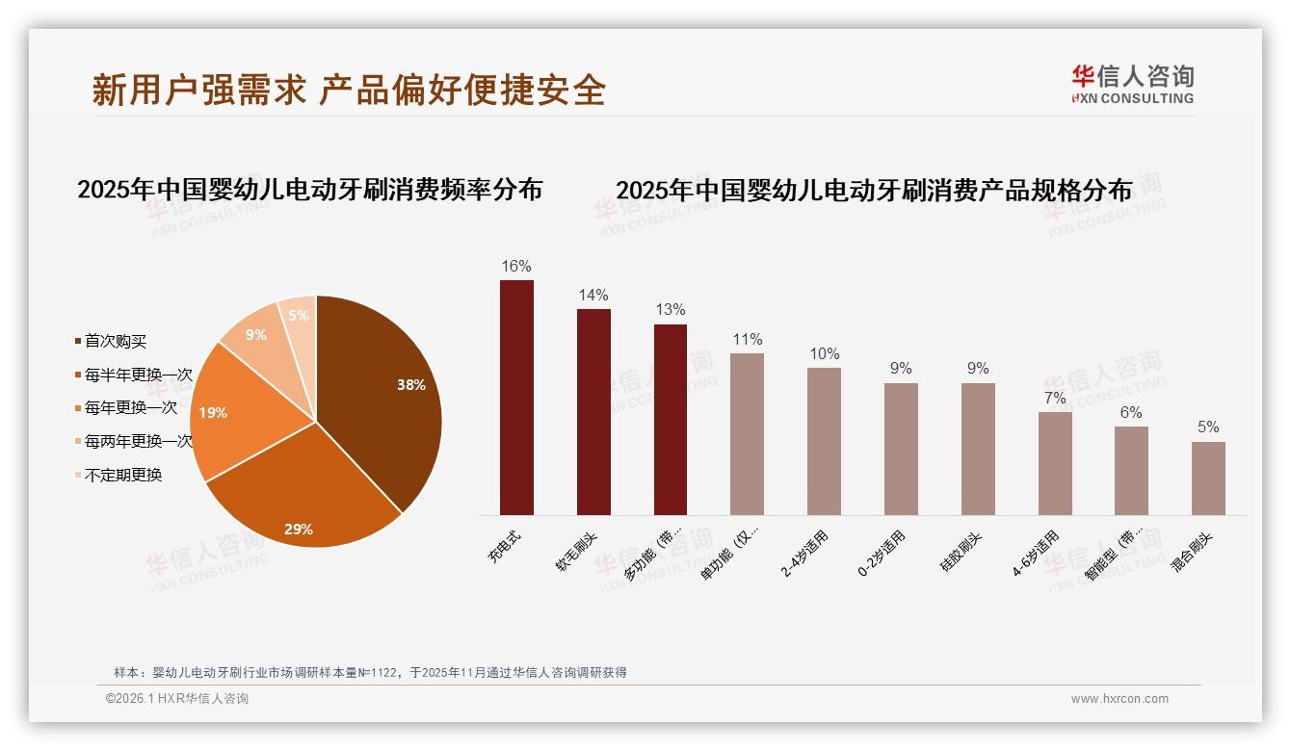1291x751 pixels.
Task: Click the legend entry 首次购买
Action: click(115, 342)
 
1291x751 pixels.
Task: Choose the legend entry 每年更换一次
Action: click(130, 408)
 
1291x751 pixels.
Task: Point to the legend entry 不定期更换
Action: click(122, 475)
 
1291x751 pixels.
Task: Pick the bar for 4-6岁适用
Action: click(1055, 463)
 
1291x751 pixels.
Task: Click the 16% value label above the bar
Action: click(516, 267)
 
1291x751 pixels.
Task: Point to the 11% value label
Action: click(747, 340)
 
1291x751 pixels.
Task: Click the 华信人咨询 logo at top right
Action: click(1133, 84)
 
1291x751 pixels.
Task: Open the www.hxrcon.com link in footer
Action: click(1120, 699)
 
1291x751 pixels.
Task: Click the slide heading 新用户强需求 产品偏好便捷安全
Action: click(349, 90)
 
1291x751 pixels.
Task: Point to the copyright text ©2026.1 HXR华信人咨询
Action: click(177, 699)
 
